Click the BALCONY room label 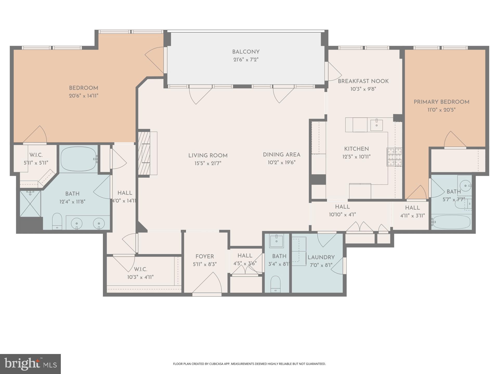[x=246, y=52]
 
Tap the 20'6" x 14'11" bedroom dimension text [x=83, y=96]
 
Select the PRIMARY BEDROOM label [x=441, y=102]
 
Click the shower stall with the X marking [x=30, y=204]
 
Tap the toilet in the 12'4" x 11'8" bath [x=57, y=221]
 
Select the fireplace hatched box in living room [x=144, y=153]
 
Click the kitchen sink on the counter [x=376, y=125]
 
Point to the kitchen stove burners [x=394, y=157]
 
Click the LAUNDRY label [x=321, y=257]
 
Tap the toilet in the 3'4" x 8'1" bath [x=275, y=284]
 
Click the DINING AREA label [x=281, y=155]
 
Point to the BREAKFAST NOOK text [x=363, y=81]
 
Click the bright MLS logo [x=30, y=364]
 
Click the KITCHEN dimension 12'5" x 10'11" [x=356, y=157]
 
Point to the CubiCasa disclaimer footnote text [x=249, y=364]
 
